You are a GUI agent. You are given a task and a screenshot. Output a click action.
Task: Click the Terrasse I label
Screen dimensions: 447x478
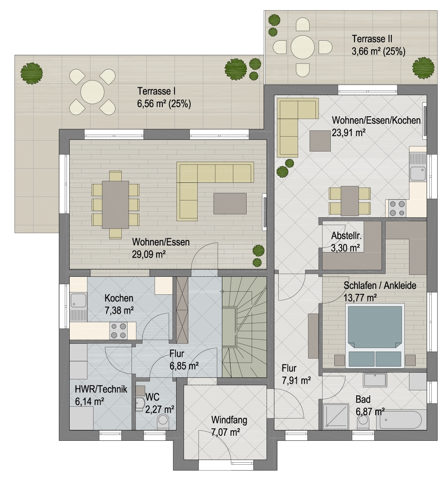(156, 91)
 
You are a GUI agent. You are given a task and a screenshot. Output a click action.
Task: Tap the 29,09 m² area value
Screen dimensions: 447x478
(149, 254)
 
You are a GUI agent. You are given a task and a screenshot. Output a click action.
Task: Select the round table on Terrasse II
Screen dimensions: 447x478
(303, 47)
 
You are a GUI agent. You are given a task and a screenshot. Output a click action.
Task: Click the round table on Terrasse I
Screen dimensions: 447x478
(92, 92)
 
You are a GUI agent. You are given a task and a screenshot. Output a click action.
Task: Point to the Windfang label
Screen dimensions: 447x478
(229, 420)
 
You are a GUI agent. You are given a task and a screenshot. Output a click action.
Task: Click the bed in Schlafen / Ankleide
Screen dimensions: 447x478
(375, 336)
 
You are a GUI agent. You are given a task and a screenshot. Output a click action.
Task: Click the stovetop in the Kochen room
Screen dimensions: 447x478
(118, 331)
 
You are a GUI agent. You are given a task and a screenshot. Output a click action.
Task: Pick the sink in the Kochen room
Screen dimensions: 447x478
(78, 300)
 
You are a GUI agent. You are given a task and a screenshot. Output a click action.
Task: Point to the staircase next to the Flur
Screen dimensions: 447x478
(244, 327)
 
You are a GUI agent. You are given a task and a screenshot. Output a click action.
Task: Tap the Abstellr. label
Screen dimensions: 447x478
(346, 236)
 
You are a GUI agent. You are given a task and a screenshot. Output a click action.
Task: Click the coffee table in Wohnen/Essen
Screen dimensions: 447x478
(230, 204)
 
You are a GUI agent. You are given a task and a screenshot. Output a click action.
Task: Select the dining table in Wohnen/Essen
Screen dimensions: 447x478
(115, 205)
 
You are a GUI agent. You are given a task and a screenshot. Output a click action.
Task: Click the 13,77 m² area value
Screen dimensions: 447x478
(360, 298)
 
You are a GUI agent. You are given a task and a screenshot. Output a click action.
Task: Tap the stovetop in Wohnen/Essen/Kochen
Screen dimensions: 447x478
(397, 208)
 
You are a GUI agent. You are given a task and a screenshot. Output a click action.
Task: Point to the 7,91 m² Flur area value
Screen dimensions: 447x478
(296, 381)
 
